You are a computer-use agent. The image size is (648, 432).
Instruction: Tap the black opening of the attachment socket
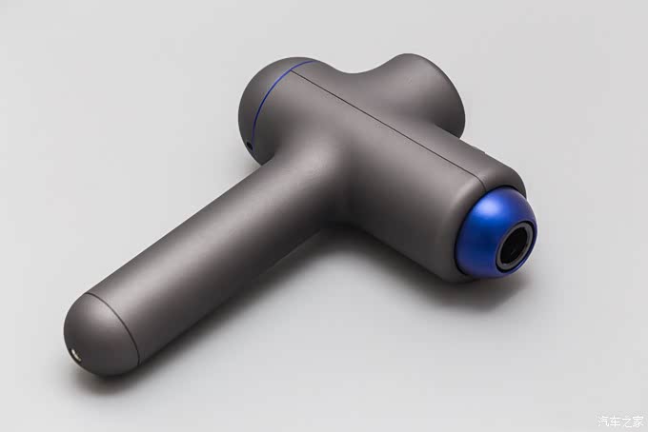516,245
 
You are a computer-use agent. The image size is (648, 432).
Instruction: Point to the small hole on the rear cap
250,146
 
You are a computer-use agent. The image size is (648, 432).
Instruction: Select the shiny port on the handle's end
75,354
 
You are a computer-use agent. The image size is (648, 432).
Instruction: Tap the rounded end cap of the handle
98,335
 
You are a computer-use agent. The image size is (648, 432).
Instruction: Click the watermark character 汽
604,421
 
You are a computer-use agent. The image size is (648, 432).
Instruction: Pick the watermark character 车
616,421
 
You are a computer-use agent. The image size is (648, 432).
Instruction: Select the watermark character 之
627,421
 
